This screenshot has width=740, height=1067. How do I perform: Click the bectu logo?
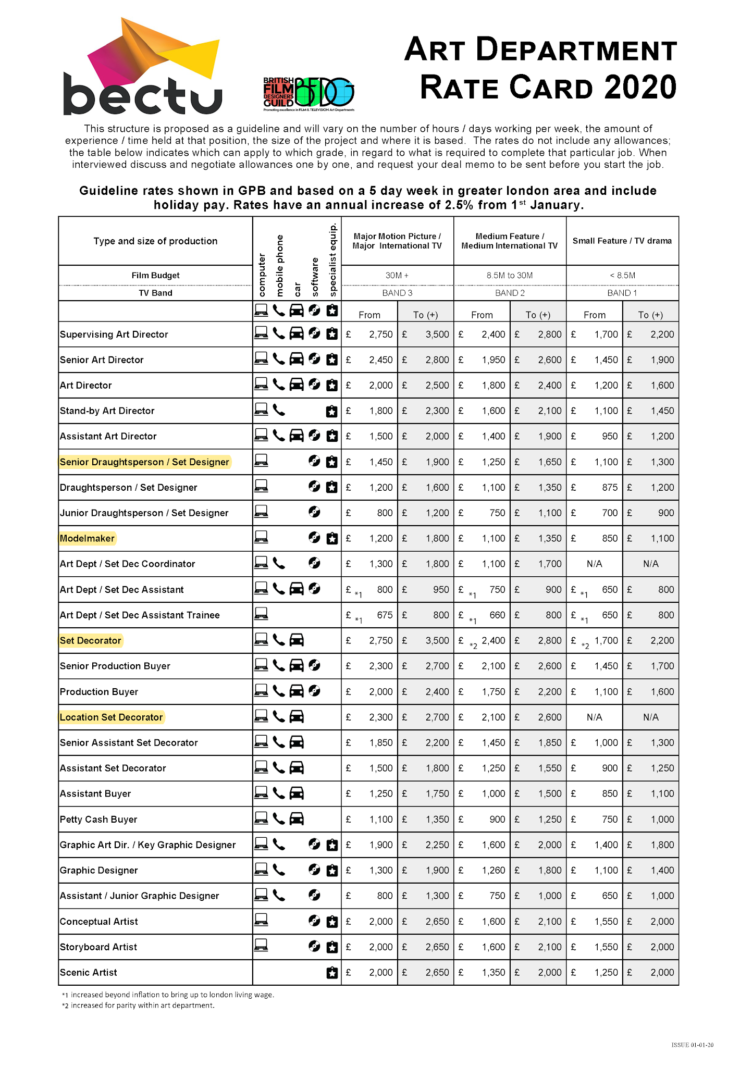tap(142, 68)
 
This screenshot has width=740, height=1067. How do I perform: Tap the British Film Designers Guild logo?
tap(309, 94)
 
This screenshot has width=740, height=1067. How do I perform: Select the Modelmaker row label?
tap(87, 538)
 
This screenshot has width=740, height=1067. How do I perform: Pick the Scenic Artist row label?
tap(89, 972)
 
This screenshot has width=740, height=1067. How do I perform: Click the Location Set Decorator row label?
tap(111, 717)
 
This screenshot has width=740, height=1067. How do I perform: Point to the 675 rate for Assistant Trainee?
tap(385, 615)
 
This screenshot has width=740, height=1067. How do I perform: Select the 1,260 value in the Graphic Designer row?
tap(493, 870)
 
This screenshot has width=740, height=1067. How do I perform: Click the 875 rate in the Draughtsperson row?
tap(609, 487)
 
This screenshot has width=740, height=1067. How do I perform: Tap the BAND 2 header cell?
tap(510, 293)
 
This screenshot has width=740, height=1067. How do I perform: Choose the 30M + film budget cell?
tap(397, 275)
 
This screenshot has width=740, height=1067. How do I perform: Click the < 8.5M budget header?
tap(622, 275)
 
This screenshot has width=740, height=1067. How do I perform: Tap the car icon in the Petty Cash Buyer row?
tap(297, 819)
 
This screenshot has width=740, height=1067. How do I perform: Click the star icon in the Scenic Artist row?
tap(332, 972)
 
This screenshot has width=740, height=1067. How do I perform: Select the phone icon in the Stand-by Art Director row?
tap(279, 411)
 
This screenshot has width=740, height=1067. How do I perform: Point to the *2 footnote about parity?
tap(138, 1005)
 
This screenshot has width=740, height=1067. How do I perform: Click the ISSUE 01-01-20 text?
tap(692, 1045)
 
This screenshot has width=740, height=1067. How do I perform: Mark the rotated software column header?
tap(315, 277)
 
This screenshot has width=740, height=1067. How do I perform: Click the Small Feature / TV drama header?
tap(622, 241)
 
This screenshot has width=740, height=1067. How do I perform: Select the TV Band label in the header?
tap(155, 293)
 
